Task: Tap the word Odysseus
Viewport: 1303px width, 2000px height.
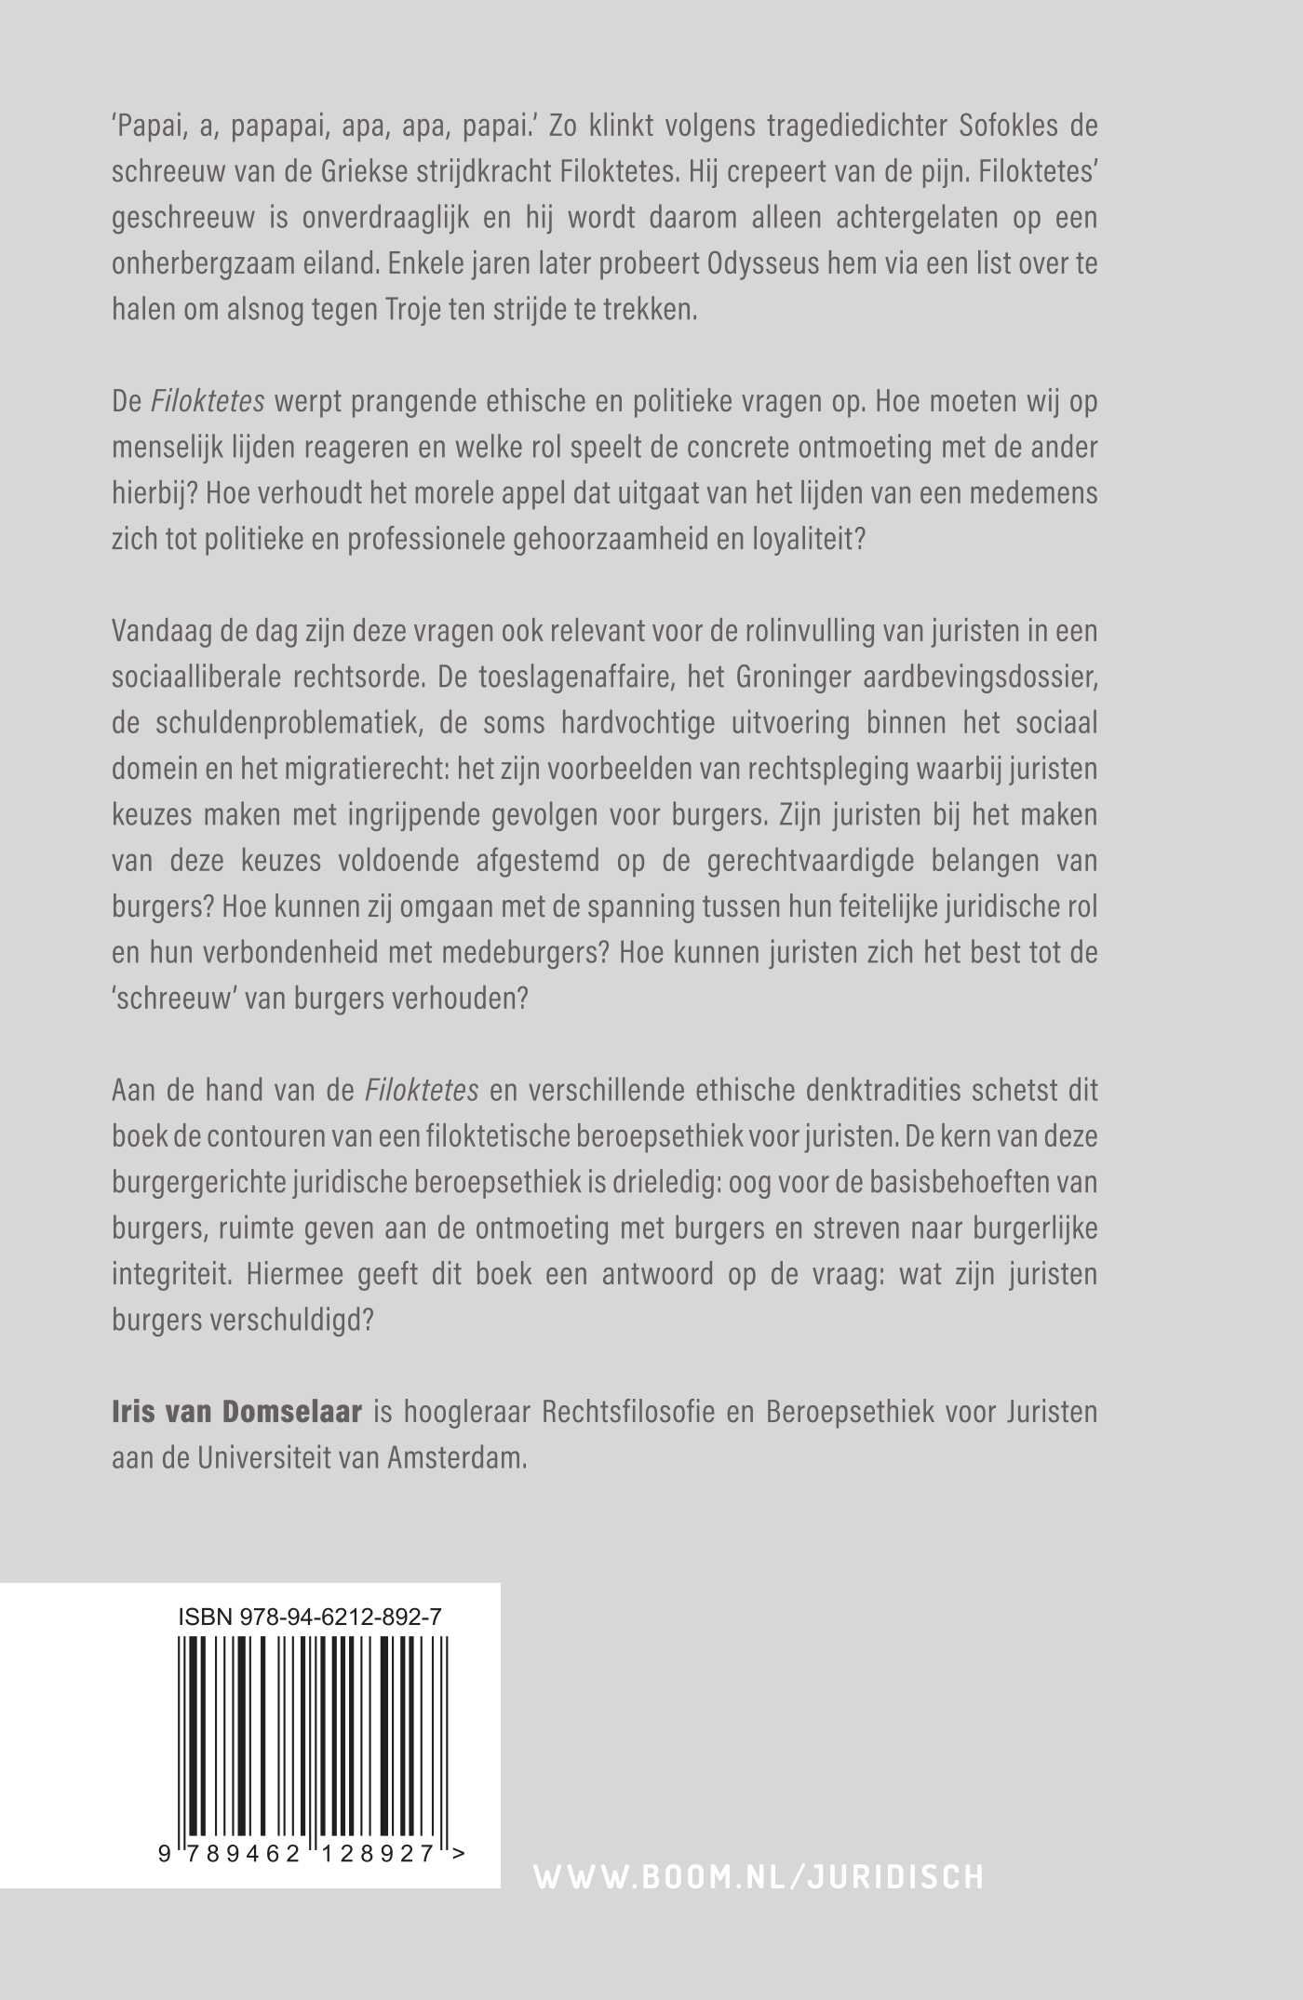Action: pyautogui.click(x=778, y=263)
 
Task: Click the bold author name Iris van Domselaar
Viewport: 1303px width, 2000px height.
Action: pyautogui.click(x=236, y=1412)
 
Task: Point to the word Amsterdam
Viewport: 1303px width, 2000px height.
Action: pyautogui.click(x=456, y=1457)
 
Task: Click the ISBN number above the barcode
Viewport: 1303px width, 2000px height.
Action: pyautogui.click(x=310, y=1617)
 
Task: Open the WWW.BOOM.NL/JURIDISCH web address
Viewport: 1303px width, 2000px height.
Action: pyautogui.click(x=759, y=1876)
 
